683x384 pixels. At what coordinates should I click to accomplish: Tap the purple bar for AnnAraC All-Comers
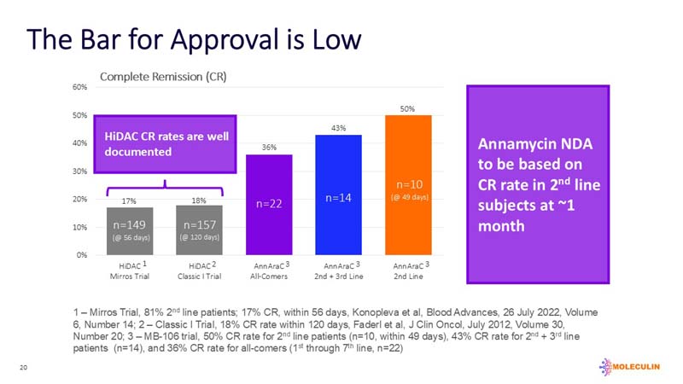click(269, 205)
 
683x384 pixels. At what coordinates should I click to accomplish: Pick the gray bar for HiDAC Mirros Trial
click(130, 231)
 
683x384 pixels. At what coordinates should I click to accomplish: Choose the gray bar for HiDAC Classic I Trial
click(199, 230)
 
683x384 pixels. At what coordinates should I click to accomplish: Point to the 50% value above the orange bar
click(409, 108)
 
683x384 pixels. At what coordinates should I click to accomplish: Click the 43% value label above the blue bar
click(339, 128)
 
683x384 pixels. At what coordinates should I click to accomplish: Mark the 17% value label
click(129, 201)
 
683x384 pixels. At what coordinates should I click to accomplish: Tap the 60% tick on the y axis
click(79, 87)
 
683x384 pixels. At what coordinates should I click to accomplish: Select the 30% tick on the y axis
click(79, 171)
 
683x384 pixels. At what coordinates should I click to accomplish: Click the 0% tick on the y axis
click(81, 254)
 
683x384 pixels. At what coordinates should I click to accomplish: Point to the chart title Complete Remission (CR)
click(163, 76)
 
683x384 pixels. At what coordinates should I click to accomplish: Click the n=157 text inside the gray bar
click(198, 225)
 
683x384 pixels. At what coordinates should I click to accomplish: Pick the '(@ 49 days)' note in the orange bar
click(409, 197)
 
